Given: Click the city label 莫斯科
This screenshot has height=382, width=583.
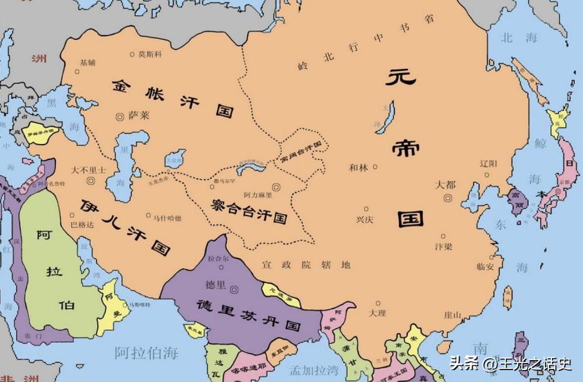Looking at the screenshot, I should [x=150, y=54].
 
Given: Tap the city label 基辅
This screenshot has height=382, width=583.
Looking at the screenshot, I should [x=87, y=62].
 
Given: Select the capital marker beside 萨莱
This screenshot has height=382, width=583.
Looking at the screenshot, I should [x=121, y=115].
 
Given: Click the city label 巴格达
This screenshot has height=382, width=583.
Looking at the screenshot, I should [x=82, y=225].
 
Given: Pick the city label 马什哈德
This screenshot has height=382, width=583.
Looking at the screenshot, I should [x=168, y=218].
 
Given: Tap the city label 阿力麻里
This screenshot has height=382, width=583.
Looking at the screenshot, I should [x=257, y=195].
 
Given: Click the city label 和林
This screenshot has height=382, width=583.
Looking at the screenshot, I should [x=358, y=168].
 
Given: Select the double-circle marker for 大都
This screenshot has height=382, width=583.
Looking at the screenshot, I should [x=448, y=198].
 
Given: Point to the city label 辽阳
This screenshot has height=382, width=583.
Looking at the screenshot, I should [x=488, y=163].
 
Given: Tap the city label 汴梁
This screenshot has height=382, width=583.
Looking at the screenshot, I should [x=444, y=246].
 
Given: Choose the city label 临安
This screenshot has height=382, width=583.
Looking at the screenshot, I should [x=485, y=266].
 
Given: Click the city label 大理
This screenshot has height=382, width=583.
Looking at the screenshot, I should [x=377, y=312].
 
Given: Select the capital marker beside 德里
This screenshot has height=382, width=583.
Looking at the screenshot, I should [x=235, y=289].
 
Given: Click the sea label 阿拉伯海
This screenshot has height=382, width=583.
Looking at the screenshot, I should [x=146, y=352].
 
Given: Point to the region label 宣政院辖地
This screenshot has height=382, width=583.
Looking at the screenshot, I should [x=306, y=265].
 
